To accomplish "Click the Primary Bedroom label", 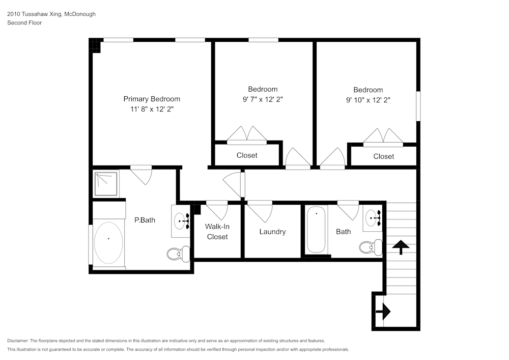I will point(152,99).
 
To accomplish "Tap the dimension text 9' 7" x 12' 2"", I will point(263,100).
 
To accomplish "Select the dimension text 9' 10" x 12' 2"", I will point(368,100).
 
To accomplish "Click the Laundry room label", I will point(272,232).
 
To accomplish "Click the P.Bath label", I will point(145,220).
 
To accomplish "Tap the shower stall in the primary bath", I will point(106,184).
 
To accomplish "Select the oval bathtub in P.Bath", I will point(108,242).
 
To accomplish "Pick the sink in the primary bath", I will point(181,221).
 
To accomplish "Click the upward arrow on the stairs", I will point(402,247).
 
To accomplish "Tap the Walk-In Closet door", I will point(217,210).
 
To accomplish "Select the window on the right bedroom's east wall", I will point(418,106).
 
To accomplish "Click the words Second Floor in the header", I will point(24,23).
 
